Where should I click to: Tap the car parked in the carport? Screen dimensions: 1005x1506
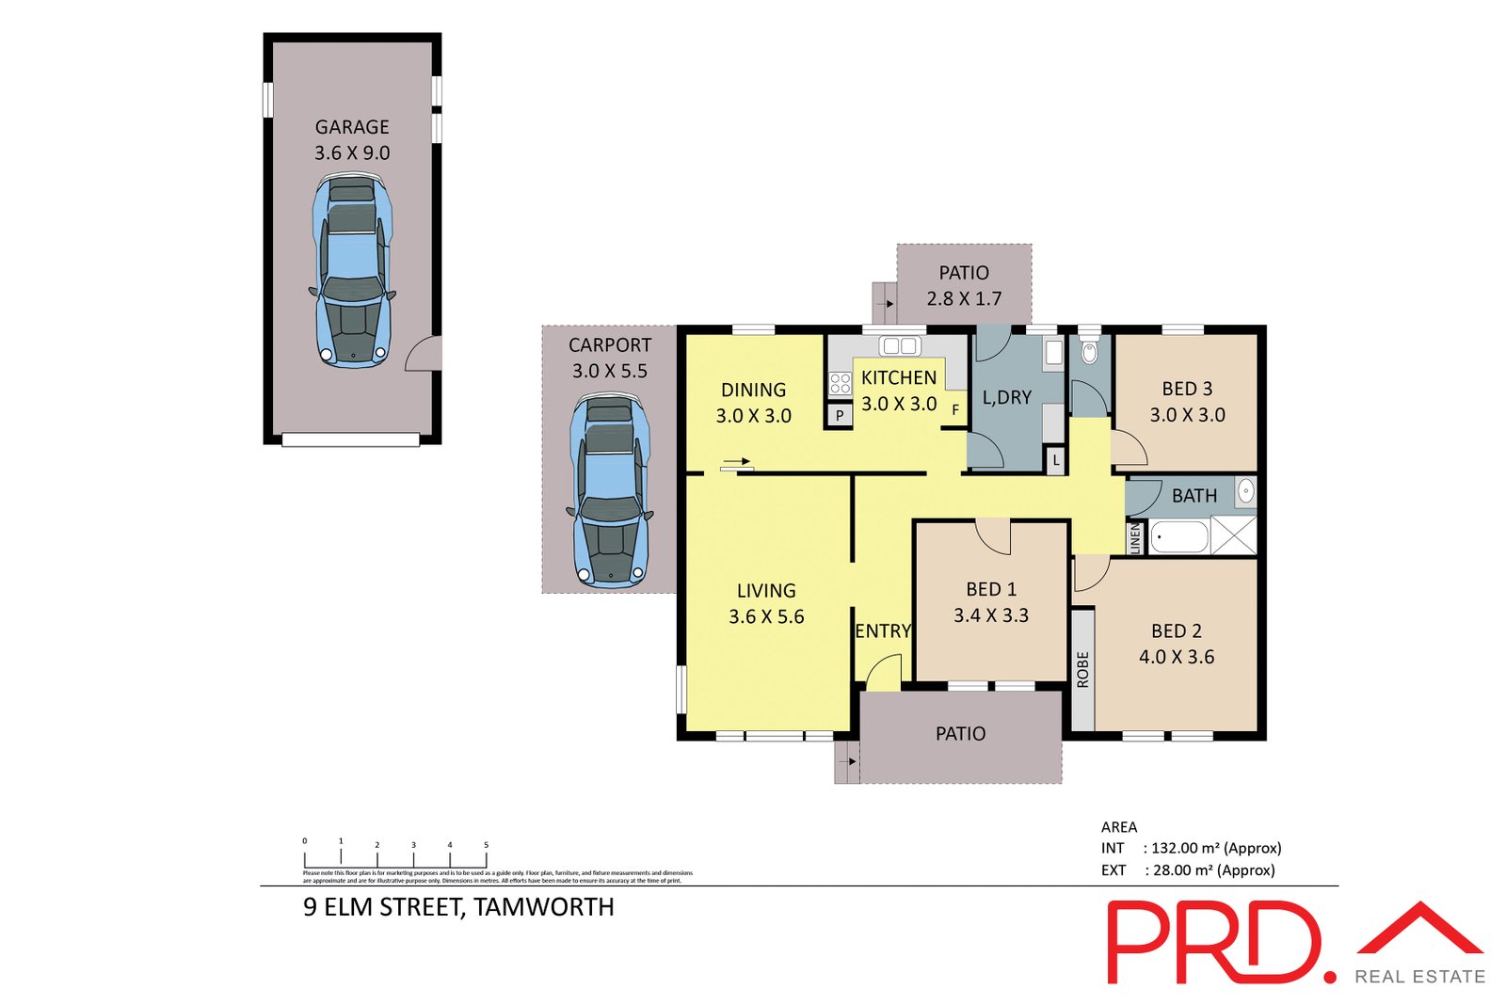click(609, 489)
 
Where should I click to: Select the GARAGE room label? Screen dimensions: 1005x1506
click(352, 127)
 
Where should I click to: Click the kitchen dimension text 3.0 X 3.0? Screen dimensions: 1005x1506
click(899, 404)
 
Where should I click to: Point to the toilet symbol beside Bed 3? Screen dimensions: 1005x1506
click(1089, 353)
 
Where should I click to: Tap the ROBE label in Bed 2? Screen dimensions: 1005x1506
click(1082, 669)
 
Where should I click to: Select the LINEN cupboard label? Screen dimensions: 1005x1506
click(1135, 538)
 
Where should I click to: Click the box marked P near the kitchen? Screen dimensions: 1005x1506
click(839, 415)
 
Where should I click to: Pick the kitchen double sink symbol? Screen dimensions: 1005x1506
click(899, 346)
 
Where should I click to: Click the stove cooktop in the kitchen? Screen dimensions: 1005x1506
click(840, 383)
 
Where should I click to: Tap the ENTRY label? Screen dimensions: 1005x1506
click(882, 631)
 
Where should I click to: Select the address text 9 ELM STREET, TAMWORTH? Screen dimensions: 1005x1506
click(458, 907)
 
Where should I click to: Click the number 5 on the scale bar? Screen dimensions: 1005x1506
click(486, 845)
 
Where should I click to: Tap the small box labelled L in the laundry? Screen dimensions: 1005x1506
click(1056, 460)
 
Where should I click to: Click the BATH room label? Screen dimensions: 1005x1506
click(1194, 496)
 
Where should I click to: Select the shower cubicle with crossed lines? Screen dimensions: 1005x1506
click(1233, 535)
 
